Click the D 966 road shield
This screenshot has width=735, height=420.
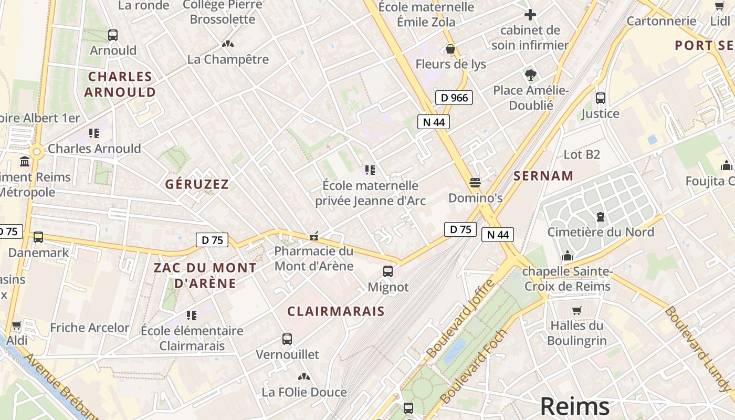454,97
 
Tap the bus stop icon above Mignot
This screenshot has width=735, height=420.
388,271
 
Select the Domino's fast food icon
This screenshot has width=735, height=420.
475,183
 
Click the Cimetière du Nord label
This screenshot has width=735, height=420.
601,232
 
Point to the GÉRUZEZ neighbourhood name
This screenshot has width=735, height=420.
197,184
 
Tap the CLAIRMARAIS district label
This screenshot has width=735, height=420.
336,311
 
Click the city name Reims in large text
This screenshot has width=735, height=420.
575,406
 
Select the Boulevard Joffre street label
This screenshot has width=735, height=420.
460,319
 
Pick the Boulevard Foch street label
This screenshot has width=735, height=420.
475,366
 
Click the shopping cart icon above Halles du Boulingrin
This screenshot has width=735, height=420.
577,310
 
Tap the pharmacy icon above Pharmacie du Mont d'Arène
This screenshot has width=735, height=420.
314,236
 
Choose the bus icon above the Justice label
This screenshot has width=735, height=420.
600,98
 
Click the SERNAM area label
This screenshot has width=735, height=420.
543,176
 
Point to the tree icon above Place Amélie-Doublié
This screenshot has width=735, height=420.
530,75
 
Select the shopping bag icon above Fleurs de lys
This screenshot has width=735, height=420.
450,49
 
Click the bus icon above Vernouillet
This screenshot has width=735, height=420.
287,339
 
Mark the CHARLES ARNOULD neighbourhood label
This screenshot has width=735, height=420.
120,84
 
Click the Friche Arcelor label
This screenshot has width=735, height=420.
90,328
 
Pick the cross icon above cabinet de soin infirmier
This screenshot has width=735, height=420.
530,15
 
